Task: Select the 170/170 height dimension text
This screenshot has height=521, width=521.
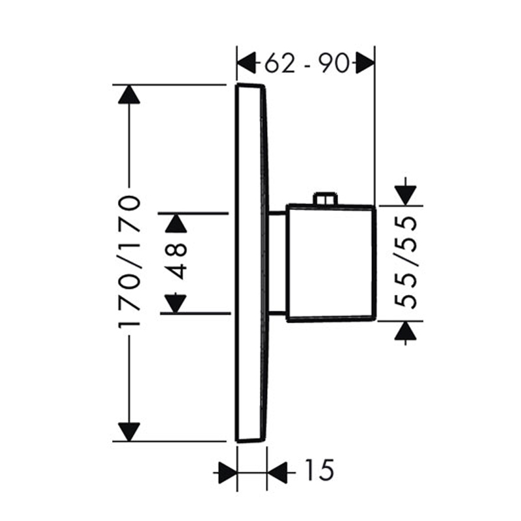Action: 129,262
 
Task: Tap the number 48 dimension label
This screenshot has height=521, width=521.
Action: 176,261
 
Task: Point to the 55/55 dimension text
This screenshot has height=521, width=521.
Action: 405,262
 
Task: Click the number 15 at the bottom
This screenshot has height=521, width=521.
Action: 318,470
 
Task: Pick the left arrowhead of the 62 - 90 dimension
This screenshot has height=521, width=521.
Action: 247,63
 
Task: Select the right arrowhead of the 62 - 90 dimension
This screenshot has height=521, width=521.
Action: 365,63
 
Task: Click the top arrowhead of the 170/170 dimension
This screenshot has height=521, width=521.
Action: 129,94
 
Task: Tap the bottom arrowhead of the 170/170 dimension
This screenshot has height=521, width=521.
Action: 129,432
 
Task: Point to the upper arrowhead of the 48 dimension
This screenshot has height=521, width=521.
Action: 176,223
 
